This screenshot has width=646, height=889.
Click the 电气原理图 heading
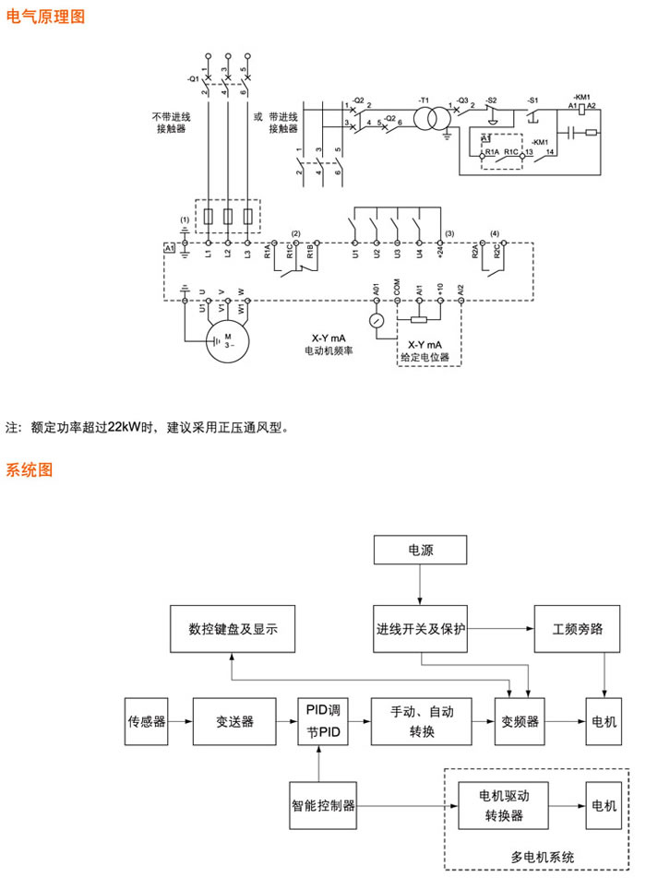click(45, 16)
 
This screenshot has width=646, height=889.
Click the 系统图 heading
click(30, 469)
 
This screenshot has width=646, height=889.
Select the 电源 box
click(420, 551)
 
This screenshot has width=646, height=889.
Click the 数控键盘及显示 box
click(233, 630)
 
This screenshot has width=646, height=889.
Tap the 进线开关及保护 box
click(420, 630)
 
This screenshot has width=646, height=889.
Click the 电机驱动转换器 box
click(504, 805)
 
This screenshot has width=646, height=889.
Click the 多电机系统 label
click(543, 857)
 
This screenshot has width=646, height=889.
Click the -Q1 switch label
click(192, 79)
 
